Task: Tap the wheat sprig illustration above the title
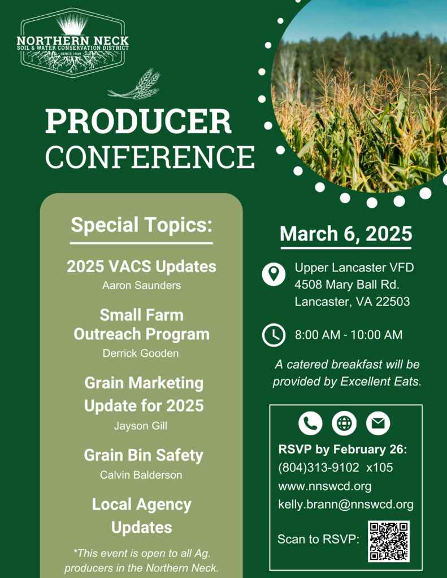coord(136,85)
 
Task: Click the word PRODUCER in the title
coord(138,121)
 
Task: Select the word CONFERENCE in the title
coord(150,156)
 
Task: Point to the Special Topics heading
coord(141,225)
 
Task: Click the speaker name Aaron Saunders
coord(141,286)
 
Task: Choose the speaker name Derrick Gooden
coord(141,353)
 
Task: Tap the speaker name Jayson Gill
coord(141,426)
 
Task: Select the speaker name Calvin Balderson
coord(141,475)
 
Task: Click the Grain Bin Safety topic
coord(144,455)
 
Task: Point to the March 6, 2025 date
coord(346,234)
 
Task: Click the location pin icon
coord(274,274)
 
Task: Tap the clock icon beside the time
coord(274,335)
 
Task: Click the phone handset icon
coord(310,423)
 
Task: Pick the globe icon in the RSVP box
coord(344,423)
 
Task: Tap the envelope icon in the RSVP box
coord(378,423)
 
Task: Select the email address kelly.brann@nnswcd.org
coord(346,505)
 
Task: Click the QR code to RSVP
coord(389,541)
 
